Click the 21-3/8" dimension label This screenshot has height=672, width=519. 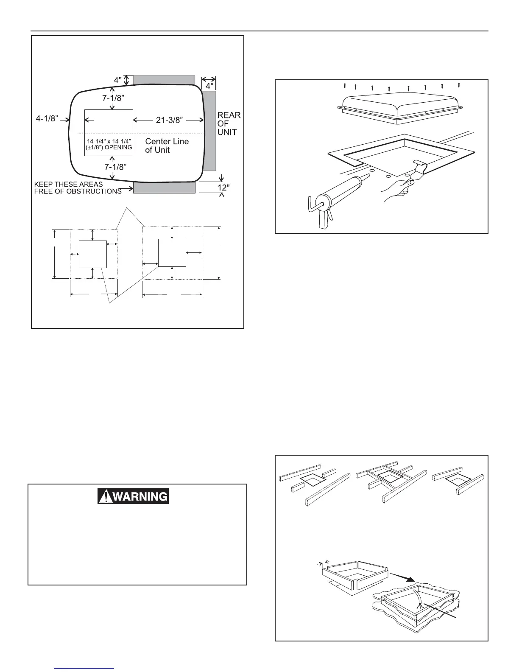click(x=169, y=120)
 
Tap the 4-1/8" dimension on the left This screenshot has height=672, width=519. click(x=47, y=118)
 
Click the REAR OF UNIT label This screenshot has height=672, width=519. click(x=229, y=123)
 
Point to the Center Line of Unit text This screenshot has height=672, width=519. click(x=167, y=146)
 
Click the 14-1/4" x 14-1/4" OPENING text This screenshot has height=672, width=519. click(x=109, y=144)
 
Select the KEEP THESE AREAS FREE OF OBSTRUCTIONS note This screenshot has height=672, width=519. click(x=78, y=188)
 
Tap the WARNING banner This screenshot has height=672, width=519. click(x=133, y=496)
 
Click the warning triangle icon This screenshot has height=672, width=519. click(x=104, y=496)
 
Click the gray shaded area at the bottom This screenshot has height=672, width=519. click(x=164, y=188)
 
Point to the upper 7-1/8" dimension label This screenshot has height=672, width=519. click(x=113, y=98)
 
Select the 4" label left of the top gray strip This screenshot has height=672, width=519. click(x=117, y=79)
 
